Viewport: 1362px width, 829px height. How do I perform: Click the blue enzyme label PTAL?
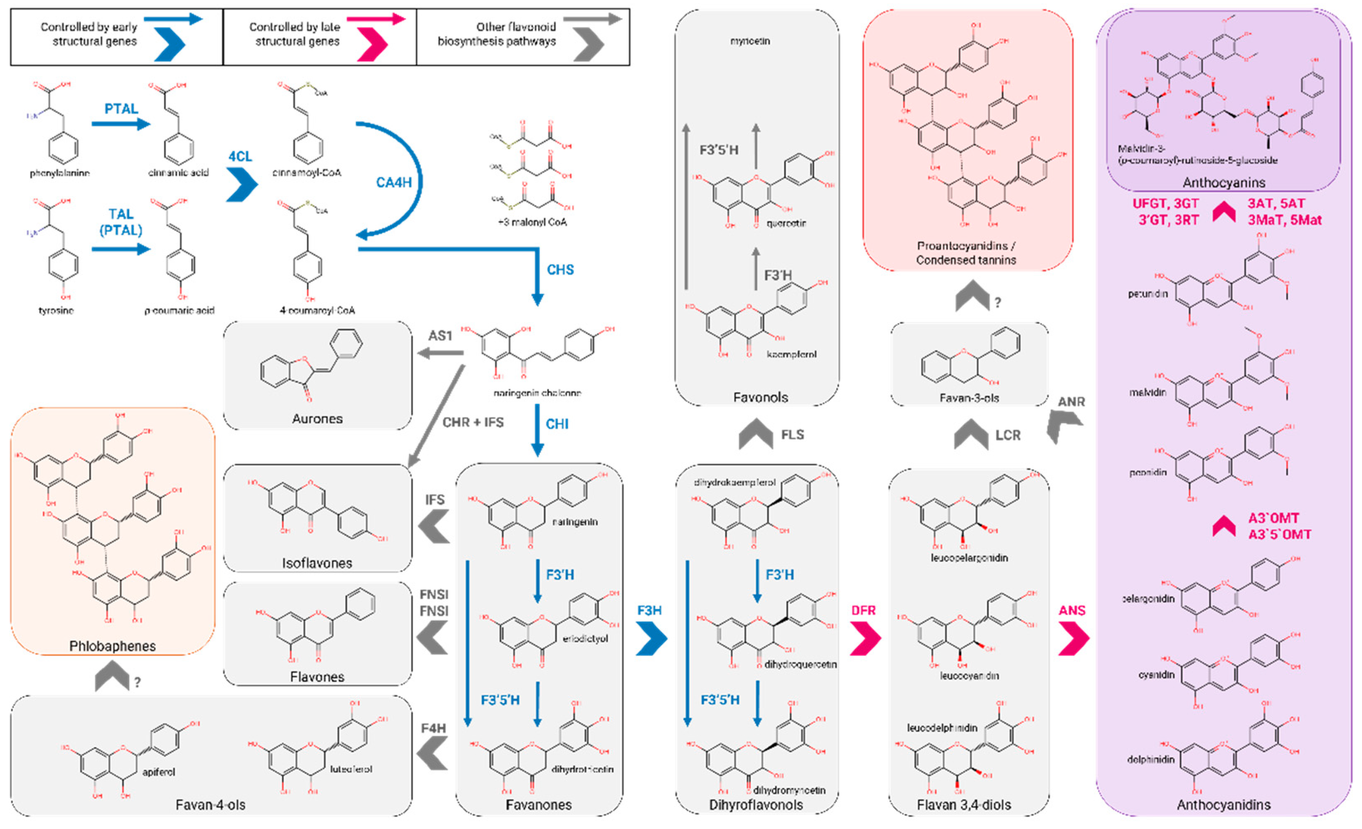pos(121,109)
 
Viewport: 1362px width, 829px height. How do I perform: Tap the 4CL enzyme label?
pos(241,156)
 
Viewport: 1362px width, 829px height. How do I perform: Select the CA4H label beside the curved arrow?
pos(394,182)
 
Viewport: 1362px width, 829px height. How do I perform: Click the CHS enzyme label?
pos(560,270)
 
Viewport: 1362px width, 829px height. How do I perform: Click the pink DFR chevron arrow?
pos(865,638)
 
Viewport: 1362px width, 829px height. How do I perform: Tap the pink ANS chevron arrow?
pos(1074,638)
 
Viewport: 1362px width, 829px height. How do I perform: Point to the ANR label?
pos(1071,402)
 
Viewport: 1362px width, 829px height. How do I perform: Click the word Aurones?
pos(317,419)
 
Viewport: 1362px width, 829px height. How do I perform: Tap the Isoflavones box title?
pos(317,563)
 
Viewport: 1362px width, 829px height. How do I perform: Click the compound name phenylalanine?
pos(60,173)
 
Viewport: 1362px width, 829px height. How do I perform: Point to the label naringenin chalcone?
pos(537,393)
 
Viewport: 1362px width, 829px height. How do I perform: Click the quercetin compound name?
pos(786,223)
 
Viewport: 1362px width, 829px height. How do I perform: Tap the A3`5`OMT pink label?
pos(1279,534)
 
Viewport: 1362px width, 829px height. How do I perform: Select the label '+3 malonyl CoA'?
pos(532,222)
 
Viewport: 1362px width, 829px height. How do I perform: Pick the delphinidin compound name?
pos(1150,759)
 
